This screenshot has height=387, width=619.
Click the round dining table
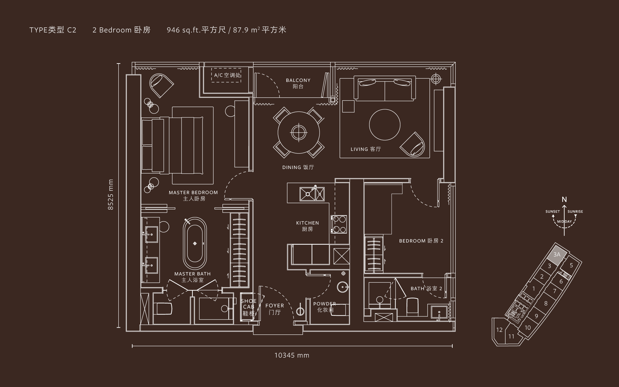point(299,132)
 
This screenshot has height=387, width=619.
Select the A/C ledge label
point(227,75)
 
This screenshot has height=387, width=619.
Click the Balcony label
point(298,83)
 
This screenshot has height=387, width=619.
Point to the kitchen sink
point(312,193)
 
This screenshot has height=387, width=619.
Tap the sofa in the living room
point(385,88)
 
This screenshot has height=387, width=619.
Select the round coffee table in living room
point(385,125)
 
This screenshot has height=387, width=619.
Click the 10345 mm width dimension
point(292,355)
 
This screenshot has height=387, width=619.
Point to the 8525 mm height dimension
point(111,195)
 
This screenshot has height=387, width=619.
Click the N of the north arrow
point(564,200)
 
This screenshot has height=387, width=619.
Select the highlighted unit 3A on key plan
point(557,255)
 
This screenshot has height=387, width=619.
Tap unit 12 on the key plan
point(499,330)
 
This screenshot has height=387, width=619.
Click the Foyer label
point(275,309)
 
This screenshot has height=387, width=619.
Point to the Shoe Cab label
point(249,307)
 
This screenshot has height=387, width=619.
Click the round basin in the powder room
point(343,287)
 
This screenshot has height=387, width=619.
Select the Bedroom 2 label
point(421,241)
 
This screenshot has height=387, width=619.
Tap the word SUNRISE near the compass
point(575,212)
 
